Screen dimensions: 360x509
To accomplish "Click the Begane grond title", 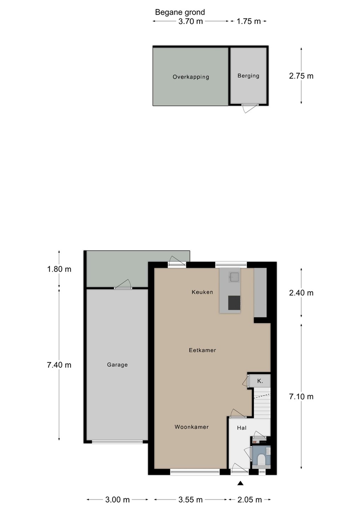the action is pos(180,12).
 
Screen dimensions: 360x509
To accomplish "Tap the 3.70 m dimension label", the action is pos(190,21).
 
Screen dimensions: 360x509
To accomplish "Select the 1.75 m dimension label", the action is pos(248,21).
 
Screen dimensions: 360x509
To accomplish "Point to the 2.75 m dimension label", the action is pos(301,76).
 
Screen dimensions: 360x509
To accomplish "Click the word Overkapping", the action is pos(191,77).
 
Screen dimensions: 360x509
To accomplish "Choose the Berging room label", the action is pos(248,76).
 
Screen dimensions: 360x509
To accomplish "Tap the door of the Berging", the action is pos(250,108).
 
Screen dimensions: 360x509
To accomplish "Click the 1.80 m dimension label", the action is pos(59,269).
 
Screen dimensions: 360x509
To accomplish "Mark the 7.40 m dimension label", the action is pos(59,365).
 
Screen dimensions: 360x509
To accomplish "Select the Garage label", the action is pos(117,365).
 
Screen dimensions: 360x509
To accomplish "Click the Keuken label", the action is pos(202,292).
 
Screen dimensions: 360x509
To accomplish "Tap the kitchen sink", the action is pos(234,277).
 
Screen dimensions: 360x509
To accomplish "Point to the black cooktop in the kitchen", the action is pos(234,303).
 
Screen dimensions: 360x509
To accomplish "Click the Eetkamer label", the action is pos(202,350).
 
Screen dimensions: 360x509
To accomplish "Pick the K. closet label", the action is pos(260,381).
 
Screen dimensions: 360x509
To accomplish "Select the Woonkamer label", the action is pos(191,427).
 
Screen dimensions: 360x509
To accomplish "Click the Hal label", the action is pos(242,428).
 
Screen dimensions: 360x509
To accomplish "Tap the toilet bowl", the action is pos(261,459).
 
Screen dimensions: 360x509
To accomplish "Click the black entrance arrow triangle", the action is pos(241,483).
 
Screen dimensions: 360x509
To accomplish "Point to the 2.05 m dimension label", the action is pos(250,500).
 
